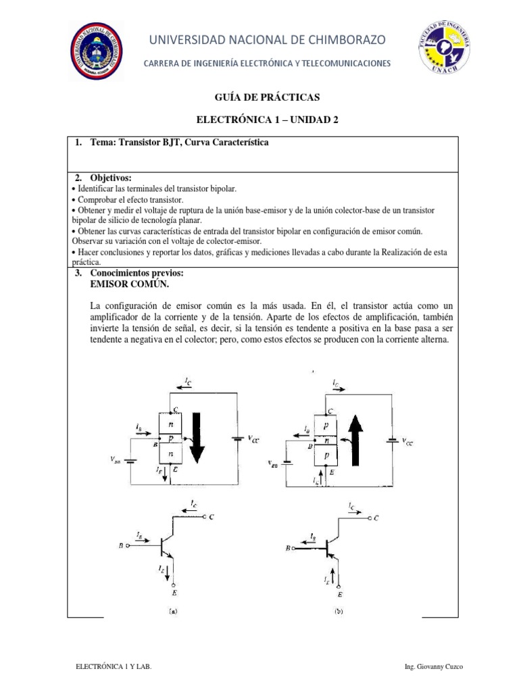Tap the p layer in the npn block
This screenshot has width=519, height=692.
click(171, 439)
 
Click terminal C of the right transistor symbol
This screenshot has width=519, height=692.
click(375, 518)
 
